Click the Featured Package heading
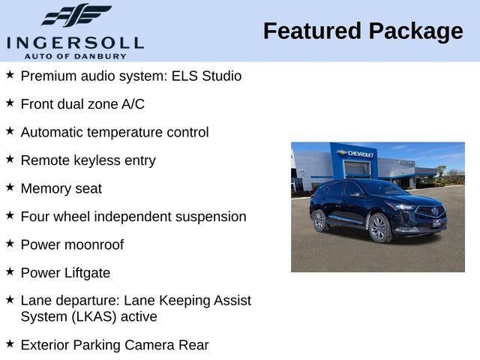[x=363, y=31]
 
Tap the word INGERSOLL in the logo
[x=75, y=42]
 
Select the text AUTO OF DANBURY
[x=75, y=56]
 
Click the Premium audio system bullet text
[x=130, y=76]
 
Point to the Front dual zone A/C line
[x=82, y=104]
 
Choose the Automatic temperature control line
[x=114, y=132]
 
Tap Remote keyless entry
[x=88, y=160]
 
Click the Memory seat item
[x=61, y=188]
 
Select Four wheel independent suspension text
[x=133, y=217]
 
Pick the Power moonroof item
[x=72, y=244]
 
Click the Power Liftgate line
[x=65, y=273]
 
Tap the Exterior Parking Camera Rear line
[x=114, y=345]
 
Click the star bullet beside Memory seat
[x=10, y=187]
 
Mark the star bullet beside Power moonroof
[x=10, y=243]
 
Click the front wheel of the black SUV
[x=379, y=228]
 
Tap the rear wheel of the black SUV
[x=319, y=220]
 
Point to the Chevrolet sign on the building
[x=357, y=154]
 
